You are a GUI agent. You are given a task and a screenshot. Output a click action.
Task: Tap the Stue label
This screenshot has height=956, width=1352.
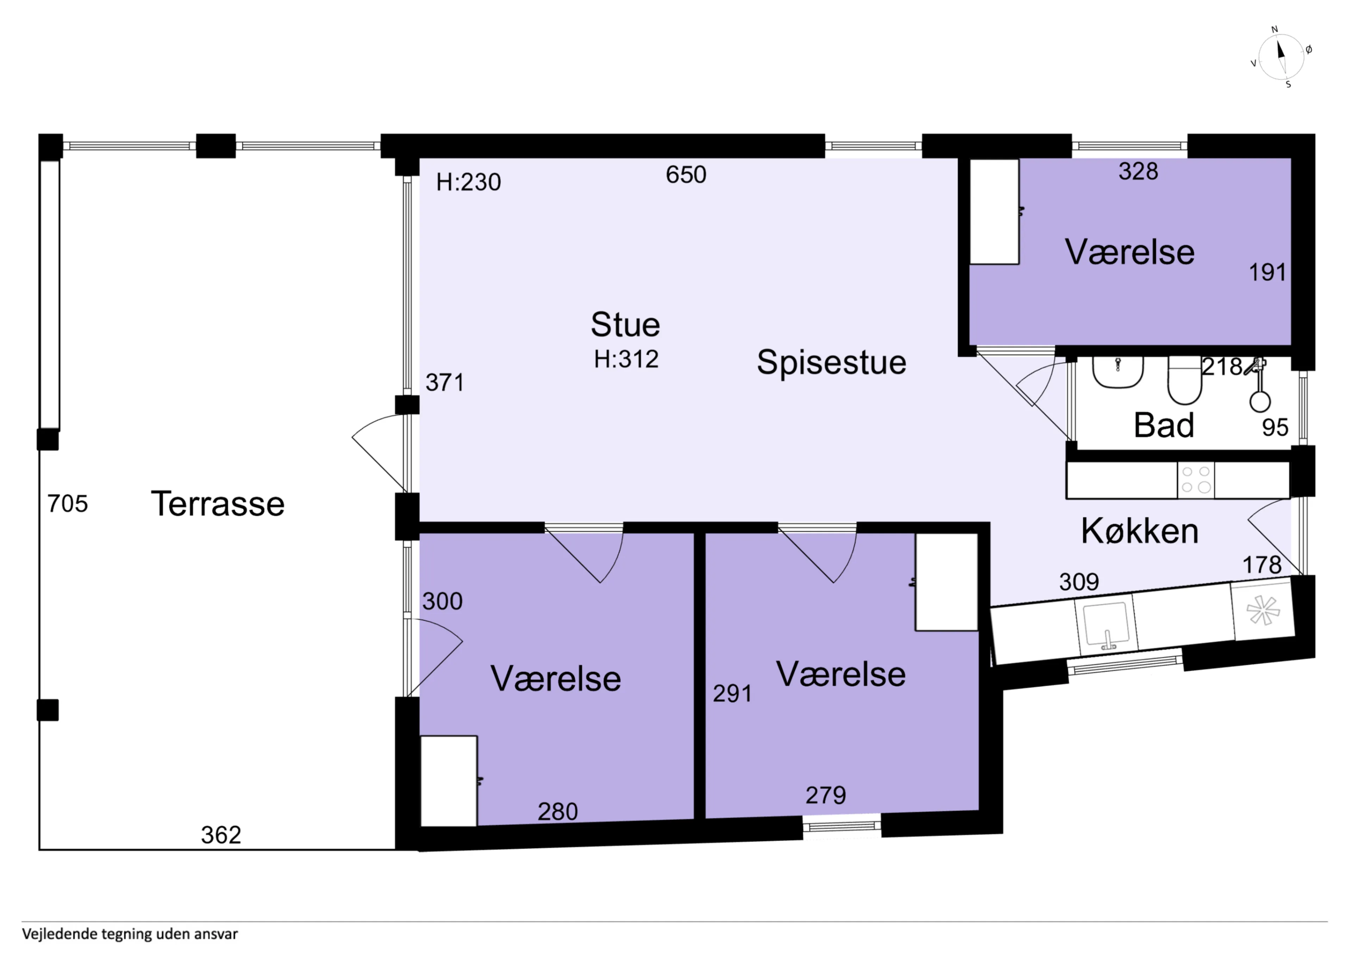click(x=625, y=325)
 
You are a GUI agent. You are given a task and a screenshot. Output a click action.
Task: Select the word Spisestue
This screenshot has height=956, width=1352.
click(x=832, y=362)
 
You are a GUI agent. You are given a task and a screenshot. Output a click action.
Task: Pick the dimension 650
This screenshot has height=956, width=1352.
click(x=686, y=174)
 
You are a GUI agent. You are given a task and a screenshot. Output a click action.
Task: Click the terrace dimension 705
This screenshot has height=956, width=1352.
click(x=68, y=504)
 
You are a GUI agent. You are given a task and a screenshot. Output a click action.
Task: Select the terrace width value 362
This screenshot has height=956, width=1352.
click(x=221, y=835)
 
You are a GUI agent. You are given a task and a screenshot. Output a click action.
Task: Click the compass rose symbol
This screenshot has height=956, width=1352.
click(x=1281, y=57)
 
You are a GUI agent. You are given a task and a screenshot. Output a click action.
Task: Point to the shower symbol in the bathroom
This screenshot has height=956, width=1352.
click(x=1259, y=386)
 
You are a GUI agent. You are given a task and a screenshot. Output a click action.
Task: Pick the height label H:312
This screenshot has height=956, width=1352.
click(x=626, y=359)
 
